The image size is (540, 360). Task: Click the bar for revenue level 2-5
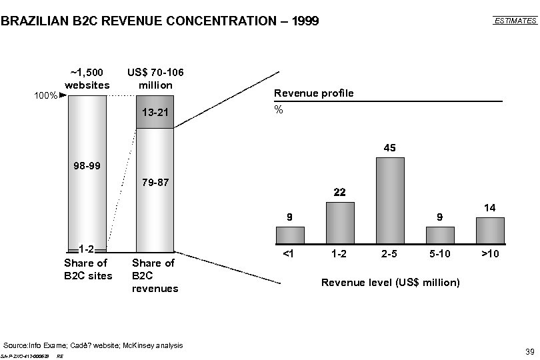coord(390,200)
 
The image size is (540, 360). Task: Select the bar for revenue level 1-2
coord(340,223)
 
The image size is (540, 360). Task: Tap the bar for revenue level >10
coord(490,230)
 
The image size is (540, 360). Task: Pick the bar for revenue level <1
coord(290,235)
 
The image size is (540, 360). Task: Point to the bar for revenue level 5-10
coord(440,235)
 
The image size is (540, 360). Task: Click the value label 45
coord(390,147)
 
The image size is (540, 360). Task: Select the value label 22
coord(340,192)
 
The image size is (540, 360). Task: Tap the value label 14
coord(490,208)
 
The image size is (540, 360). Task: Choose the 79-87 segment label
coord(155,181)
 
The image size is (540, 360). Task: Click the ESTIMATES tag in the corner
coord(515,21)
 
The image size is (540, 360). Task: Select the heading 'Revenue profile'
coord(314,93)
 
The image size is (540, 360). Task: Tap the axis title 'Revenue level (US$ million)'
coord(390,283)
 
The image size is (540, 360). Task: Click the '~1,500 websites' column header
coord(87,79)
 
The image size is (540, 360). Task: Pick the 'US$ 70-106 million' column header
coord(155,79)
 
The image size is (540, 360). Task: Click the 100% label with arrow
coord(50,96)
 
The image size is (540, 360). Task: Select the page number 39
coord(531,351)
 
